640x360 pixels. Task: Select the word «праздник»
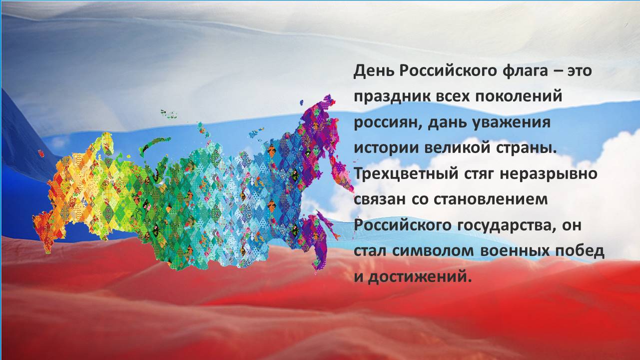tap(392, 97)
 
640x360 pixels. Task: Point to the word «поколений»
tap(519, 96)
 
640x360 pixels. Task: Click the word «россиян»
tap(387, 122)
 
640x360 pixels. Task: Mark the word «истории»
tap(386, 148)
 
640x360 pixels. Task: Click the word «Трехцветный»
tap(406, 174)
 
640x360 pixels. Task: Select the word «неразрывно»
tap(549, 174)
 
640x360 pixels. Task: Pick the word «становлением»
tap(491, 199)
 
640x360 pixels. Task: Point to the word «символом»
tap(433, 251)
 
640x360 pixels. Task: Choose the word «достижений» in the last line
tap(418, 277)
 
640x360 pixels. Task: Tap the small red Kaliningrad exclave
tap(41, 153)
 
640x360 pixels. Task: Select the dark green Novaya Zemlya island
tap(154, 145)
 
